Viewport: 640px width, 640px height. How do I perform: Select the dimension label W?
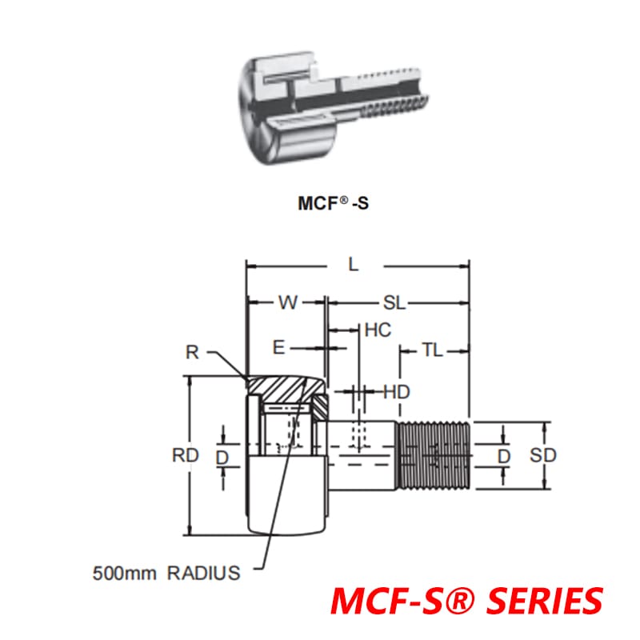coord(287,303)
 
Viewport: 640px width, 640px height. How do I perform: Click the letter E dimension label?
coord(278,347)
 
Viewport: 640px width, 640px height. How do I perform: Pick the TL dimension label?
coord(432,350)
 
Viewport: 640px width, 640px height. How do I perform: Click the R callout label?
coord(191,352)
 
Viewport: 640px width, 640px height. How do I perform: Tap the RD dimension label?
coord(185,456)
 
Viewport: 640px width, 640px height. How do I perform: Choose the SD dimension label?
coord(543,455)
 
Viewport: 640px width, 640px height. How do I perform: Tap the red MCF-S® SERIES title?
coord(466,601)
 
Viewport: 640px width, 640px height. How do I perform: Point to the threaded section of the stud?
coord(432,455)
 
